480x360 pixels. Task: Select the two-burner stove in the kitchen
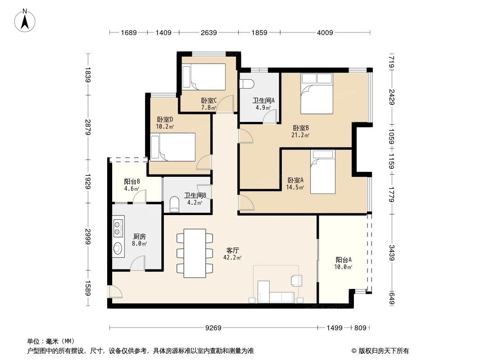click(118, 228)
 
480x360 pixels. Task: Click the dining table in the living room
click(195, 252)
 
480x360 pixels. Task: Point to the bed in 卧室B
click(317, 93)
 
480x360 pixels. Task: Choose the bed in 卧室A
click(323, 171)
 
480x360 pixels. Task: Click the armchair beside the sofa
click(297, 281)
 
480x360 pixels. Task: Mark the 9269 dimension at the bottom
click(214, 328)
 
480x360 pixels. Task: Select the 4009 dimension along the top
click(325, 32)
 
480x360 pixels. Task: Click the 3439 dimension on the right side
click(392, 252)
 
